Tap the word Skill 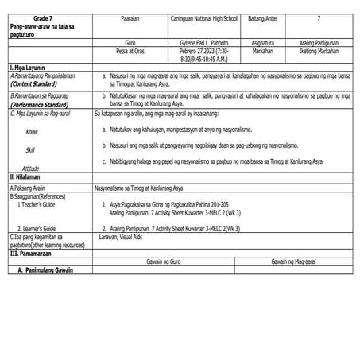click(30, 149)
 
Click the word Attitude click(31, 168)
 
